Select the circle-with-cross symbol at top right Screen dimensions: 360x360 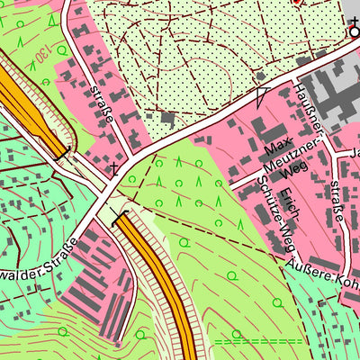(x=354, y=33)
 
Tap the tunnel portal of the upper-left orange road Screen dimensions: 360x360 (x=61, y=155)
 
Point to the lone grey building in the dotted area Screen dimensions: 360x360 (x=167, y=117)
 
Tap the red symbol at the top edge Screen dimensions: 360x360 (x=298, y=3)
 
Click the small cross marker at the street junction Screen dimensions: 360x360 (x=113, y=166)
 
